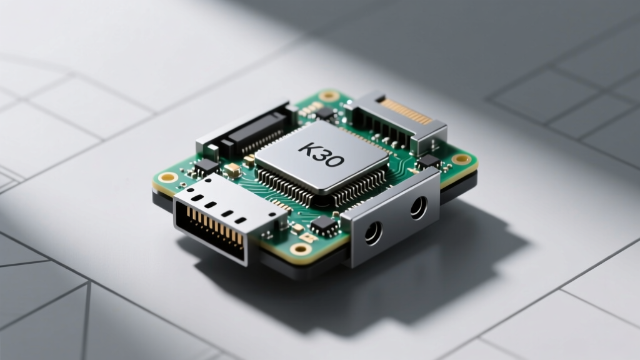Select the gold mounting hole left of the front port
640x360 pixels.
[168, 177]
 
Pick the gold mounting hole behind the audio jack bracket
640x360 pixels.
[462, 159]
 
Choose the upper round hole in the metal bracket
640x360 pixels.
[418, 207]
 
